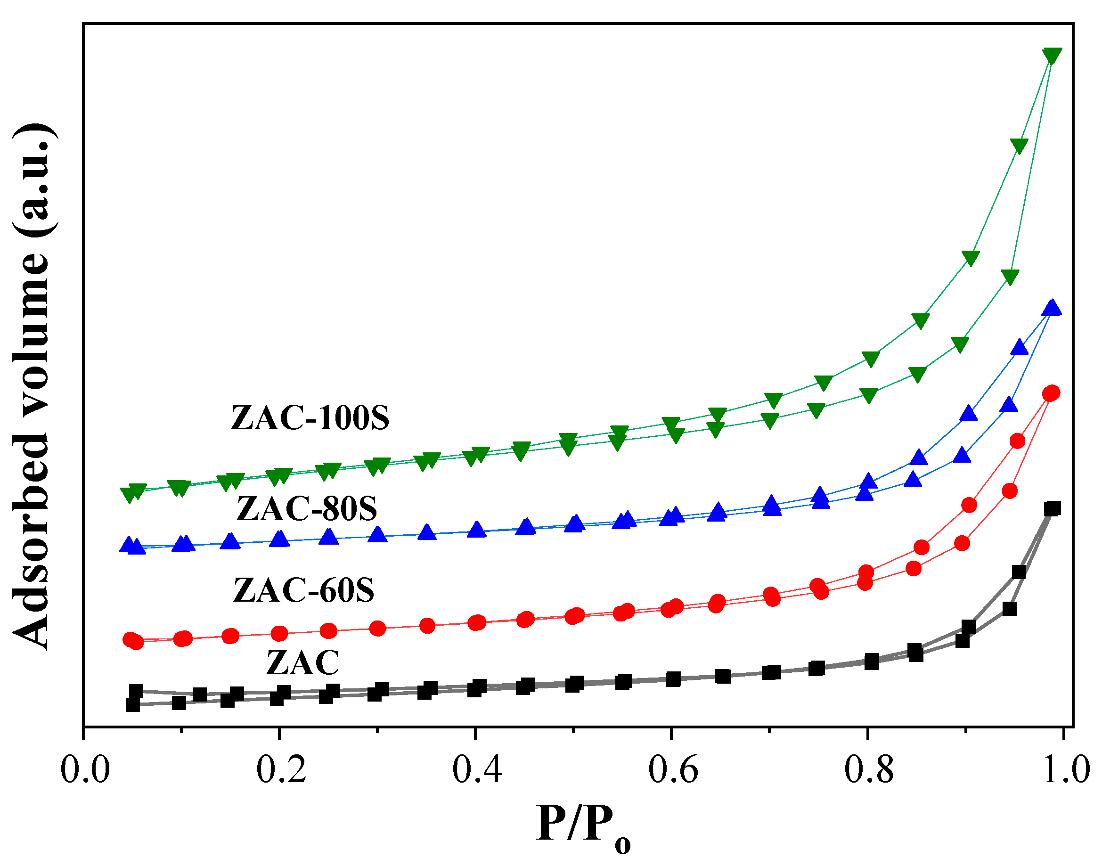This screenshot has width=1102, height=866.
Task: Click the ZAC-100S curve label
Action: (310, 418)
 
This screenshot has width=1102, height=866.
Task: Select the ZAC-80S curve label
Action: (307, 509)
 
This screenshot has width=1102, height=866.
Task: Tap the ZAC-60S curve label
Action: (303, 590)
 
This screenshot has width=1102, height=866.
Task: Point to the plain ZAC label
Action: (302, 662)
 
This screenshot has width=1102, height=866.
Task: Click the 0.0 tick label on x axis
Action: (85, 770)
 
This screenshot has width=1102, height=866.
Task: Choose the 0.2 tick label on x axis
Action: (281, 770)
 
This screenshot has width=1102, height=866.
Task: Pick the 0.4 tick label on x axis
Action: (476, 770)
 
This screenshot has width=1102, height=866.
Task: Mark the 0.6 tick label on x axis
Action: (673, 770)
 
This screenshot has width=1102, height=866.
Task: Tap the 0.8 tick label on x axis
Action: (868, 770)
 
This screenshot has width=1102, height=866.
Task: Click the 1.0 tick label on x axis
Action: (1063, 770)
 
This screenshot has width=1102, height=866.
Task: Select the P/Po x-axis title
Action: (583, 825)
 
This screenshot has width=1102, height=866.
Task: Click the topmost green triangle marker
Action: (1051, 56)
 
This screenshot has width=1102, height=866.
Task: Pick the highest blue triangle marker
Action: (1051, 307)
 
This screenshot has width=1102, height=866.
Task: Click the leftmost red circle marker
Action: (130, 639)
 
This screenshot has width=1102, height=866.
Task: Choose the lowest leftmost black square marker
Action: (133, 705)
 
